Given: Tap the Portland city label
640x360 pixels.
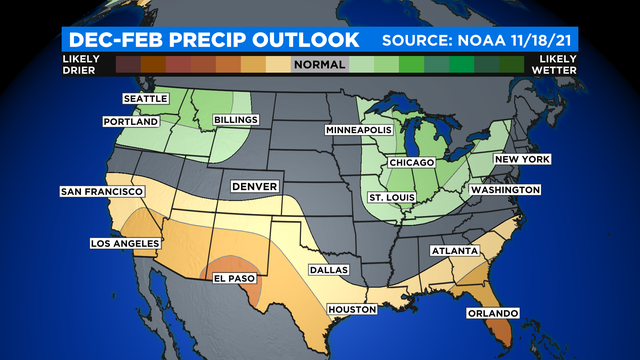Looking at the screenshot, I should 132,122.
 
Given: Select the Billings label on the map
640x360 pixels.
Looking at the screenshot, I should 236,120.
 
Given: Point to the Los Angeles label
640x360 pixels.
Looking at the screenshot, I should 100,243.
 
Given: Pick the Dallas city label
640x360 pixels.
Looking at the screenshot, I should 329,269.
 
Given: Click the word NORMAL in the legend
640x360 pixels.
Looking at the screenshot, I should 319,65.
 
